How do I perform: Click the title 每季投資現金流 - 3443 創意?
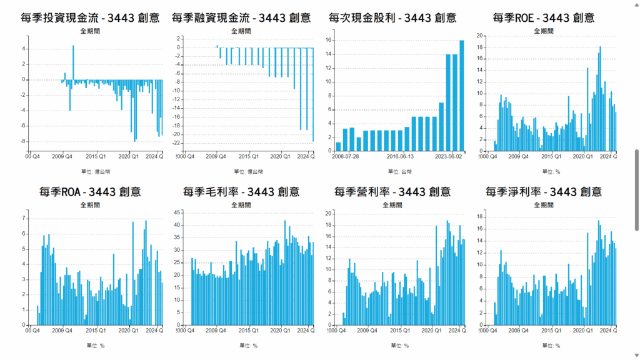[89, 17]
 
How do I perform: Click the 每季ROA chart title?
[89, 191]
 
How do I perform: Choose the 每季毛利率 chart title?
[241, 191]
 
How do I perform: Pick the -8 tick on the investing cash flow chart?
[24, 141]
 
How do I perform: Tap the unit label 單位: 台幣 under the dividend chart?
[400, 171]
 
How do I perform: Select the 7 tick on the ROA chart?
[24, 218]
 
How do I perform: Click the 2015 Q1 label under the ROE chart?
[550, 156]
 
